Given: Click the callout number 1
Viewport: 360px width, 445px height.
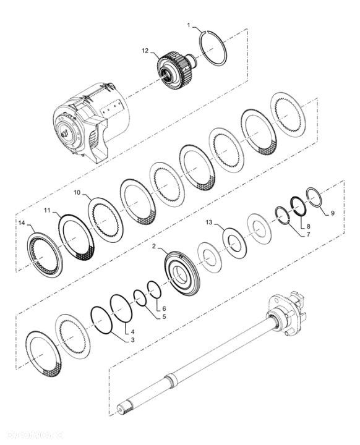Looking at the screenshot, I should coord(190,25).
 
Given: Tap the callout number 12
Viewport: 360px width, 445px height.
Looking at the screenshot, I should coord(145,53).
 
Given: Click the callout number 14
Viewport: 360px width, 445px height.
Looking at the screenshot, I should coord(22,223).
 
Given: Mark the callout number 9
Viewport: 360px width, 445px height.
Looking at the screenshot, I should coord(333,213).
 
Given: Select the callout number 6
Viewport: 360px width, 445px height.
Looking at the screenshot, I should coord(163,307).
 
